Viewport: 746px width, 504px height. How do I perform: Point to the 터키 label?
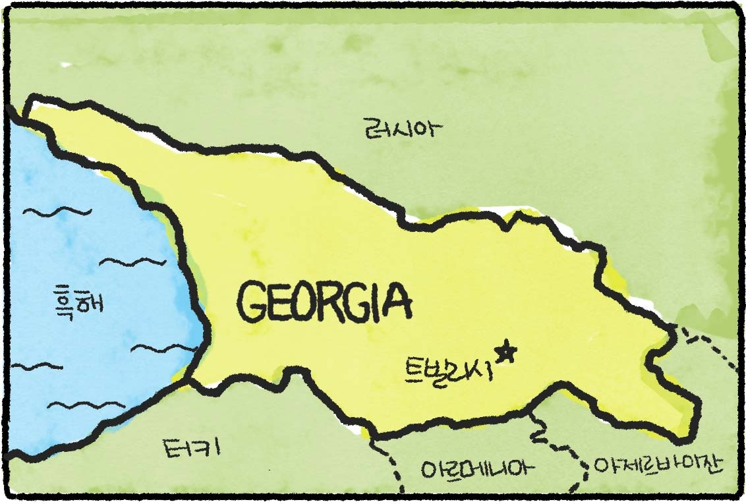pos(191,449)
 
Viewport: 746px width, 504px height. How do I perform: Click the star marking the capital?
pos(506,352)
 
